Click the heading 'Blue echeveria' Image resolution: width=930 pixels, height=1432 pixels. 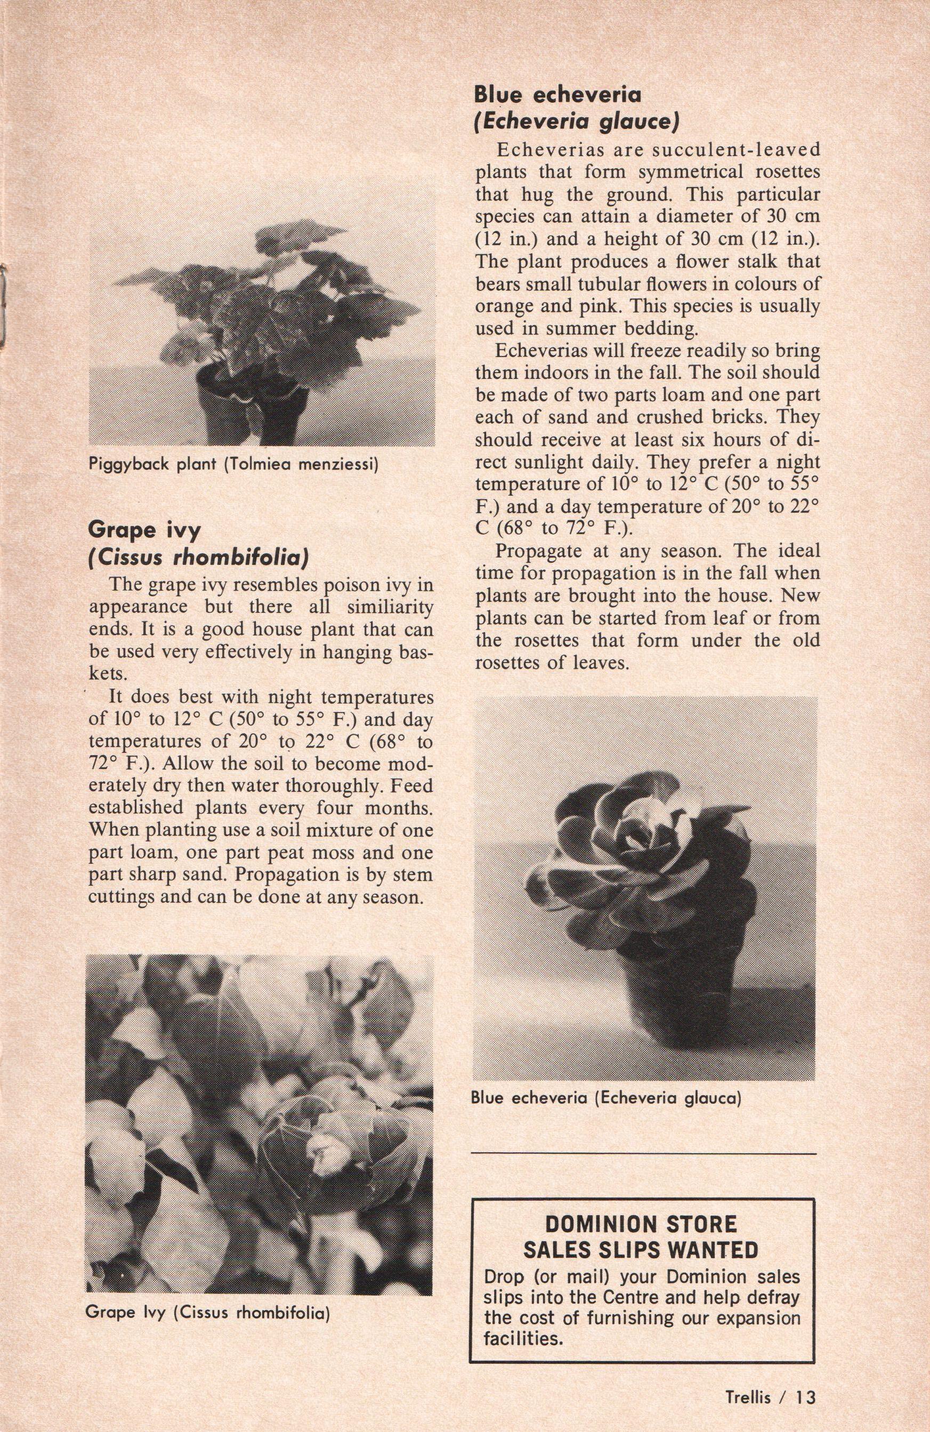point(557,95)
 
